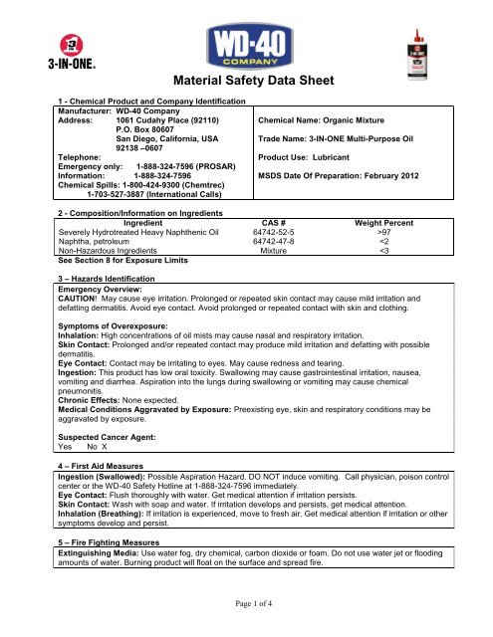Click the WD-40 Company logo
pyautogui.click(x=246, y=48)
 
